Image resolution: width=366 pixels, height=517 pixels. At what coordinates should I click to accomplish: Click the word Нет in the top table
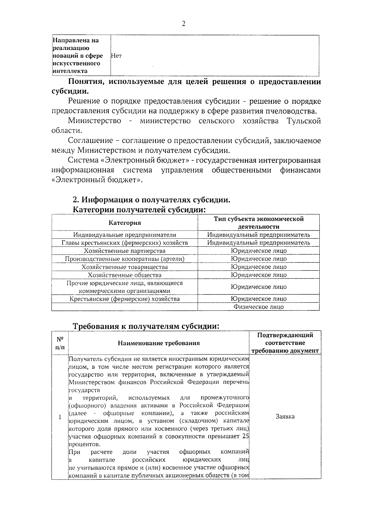click(116, 56)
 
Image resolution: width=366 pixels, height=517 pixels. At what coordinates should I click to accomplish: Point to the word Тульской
click(303, 121)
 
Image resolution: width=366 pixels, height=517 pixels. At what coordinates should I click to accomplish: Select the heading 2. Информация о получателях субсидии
click(151, 200)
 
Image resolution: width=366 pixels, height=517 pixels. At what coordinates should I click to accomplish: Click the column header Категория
click(125, 223)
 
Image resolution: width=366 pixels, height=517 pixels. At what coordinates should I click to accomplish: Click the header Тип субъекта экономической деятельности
click(259, 223)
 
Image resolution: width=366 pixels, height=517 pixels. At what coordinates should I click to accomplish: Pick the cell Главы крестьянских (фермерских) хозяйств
click(125, 243)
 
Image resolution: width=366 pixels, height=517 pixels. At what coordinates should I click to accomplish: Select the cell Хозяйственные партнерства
click(125, 251)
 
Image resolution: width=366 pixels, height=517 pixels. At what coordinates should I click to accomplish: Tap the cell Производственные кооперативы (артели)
click(125, 259)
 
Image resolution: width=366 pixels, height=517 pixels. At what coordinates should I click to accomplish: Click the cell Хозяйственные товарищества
click(125, 267)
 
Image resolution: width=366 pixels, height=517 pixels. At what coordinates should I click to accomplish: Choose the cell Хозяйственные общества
click(125, 275)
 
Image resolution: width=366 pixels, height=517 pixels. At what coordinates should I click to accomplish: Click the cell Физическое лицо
click(259, 307)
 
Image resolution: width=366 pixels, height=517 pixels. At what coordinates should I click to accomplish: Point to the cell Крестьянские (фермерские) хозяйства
click(125, 299)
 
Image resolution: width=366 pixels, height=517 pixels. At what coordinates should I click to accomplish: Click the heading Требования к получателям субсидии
click(146, 326)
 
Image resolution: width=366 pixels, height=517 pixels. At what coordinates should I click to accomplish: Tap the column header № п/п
click(60, 343)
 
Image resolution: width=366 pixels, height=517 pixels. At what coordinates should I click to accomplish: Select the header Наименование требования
click(159, 343)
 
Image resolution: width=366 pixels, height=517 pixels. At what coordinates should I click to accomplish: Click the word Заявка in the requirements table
click(285, 416)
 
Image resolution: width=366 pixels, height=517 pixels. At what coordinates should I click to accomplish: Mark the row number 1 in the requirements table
click(60, 417)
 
